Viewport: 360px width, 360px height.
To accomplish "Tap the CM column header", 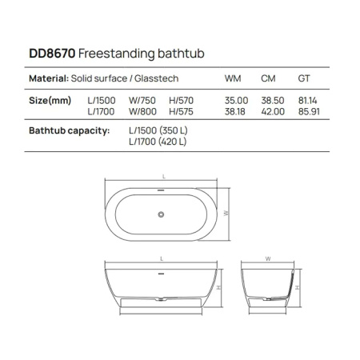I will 270,79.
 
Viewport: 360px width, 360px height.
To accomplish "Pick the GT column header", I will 304,79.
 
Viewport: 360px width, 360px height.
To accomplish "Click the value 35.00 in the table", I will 238,100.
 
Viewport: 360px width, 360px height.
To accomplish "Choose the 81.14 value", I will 307,100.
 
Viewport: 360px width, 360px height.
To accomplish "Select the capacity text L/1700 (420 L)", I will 158,142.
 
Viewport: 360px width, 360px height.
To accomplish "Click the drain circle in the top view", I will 162,214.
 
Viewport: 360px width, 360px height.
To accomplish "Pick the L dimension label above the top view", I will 163,176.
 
